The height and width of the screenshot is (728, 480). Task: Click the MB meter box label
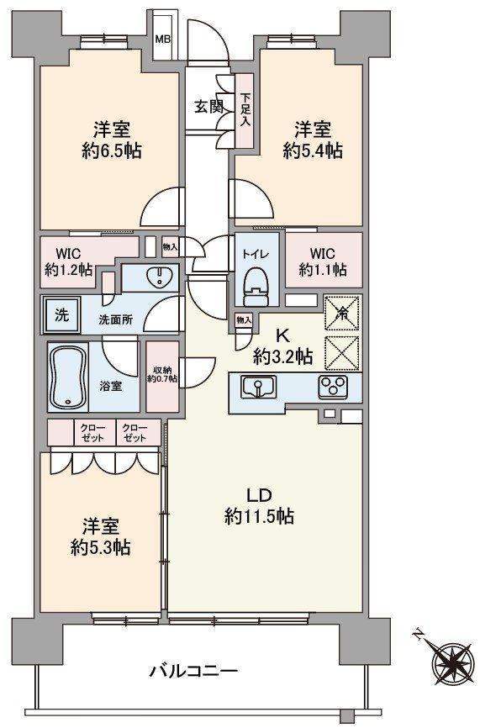(x=162, y=39)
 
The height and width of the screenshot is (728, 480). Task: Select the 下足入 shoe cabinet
(x=245, y=111)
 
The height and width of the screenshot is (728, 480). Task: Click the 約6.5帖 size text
(x=112, y=151)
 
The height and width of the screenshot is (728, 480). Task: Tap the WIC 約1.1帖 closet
(x=324, y=260)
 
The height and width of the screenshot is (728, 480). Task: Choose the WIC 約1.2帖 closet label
(x=69, y=261)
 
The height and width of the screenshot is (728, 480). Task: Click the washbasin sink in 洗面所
(x=159, y=278)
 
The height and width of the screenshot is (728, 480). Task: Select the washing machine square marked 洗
(x=62, y=315)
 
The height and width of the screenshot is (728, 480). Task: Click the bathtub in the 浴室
(x=68, y=377)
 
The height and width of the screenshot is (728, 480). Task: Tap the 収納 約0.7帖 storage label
(x=162, y=375)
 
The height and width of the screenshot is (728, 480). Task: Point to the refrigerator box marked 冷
(x=343, y=313)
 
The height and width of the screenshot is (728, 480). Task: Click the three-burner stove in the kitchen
(x=333, y=387)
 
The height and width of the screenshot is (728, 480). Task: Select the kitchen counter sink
(x=258, y=387)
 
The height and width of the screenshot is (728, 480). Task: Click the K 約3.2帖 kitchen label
(x=282, y=347)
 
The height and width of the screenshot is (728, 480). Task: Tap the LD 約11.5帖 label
(x=259, y=506)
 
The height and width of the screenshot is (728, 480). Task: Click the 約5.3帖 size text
(x=100, y=548)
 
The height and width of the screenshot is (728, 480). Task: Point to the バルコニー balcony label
(x=193, y=671)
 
